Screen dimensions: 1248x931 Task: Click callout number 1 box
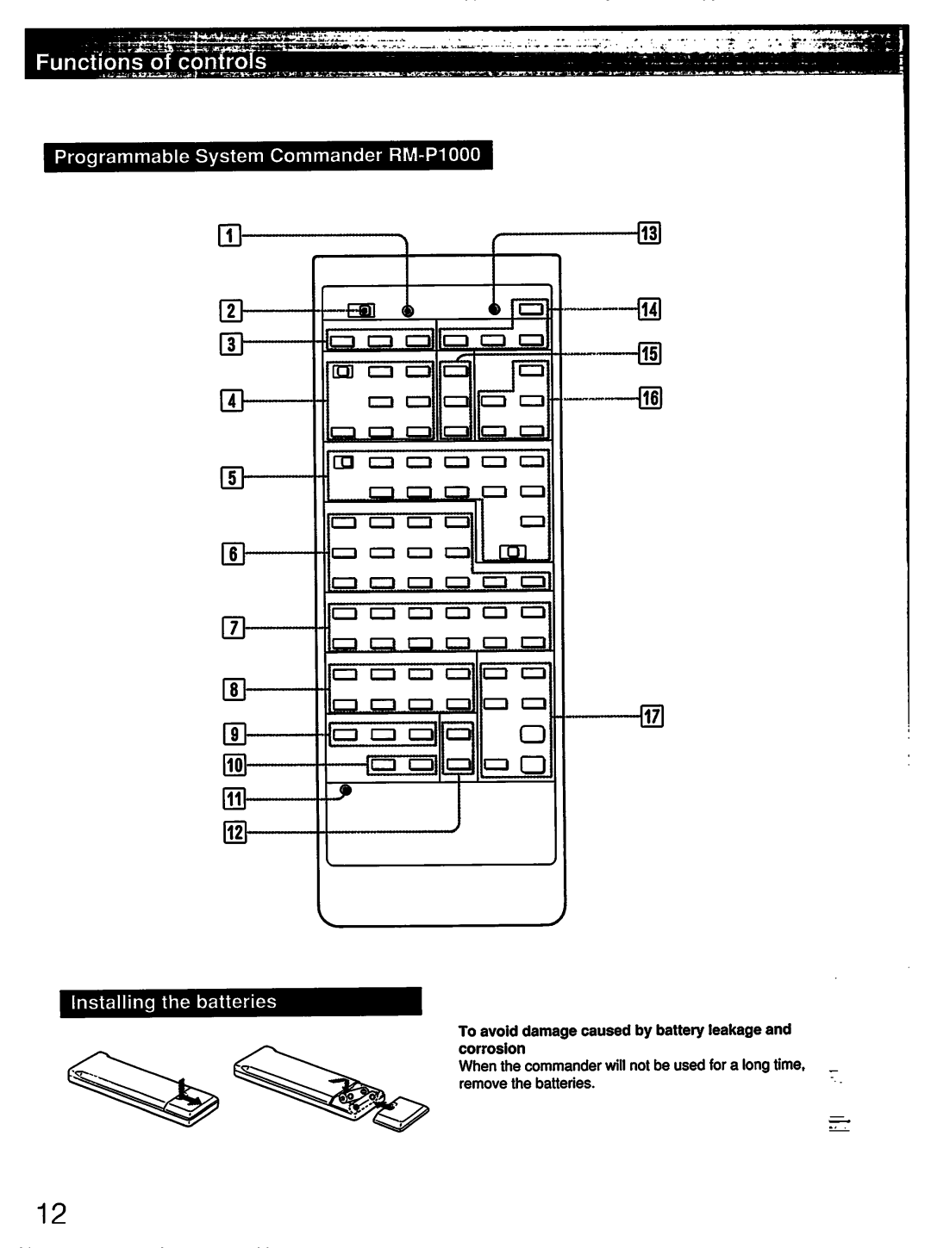pos(229,233)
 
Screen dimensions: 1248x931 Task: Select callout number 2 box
pos(229,310)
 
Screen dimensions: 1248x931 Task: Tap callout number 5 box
pos(231,475)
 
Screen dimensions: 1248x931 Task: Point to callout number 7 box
pos(231,629)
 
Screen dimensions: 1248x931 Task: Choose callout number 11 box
pos(234,800)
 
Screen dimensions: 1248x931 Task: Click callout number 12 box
pos(234,832)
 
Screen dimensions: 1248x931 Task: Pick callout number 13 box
pos(648,233)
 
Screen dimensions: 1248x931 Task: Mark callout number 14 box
pos(648,308)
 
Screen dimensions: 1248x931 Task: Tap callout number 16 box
pos(649,397)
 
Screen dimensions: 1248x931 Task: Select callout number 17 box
pos(651,715)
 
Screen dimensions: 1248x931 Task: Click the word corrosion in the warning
pos(491,1048)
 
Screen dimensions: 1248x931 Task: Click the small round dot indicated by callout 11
pos(346,790)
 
